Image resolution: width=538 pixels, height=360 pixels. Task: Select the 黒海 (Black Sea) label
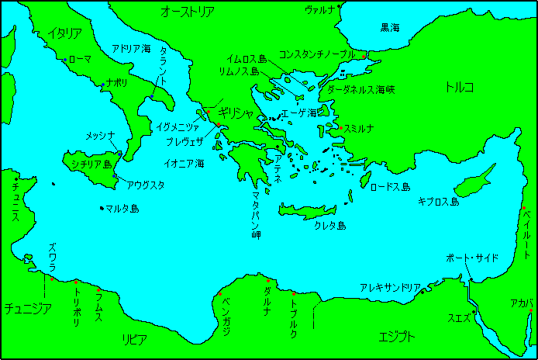point(390,27)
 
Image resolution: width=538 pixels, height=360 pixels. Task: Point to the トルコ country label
point(459,86)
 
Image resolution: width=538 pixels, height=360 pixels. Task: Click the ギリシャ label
point(236,113)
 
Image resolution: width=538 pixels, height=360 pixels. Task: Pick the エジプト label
point(396,337)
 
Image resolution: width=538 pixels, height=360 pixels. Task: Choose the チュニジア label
point(28,308)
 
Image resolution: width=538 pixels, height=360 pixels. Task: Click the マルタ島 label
point(123,209)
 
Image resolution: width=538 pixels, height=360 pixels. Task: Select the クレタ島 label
point(329,226)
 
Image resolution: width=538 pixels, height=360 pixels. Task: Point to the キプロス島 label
point(438,202)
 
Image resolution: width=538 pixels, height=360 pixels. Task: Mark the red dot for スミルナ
point(340,128)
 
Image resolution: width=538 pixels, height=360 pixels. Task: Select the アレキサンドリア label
point(390,287)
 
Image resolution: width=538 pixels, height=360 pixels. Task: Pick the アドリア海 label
point(131,48)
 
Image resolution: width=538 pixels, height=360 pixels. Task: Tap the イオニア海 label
point(185,164)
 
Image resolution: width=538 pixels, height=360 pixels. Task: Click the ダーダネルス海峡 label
point(361,90)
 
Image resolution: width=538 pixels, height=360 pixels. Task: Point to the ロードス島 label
point(390,187)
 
